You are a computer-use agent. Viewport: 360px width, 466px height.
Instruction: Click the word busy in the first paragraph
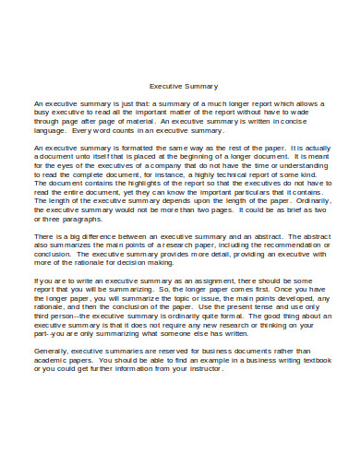43,112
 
